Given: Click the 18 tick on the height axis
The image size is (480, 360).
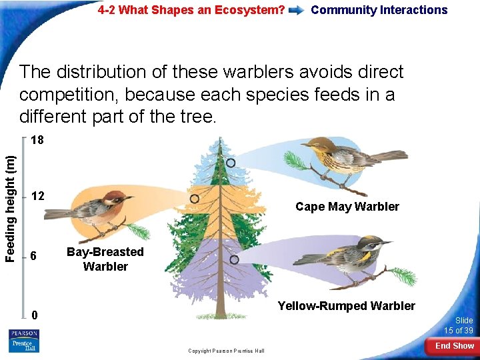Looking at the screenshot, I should [x=37, y=141].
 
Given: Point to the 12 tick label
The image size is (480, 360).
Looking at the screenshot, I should [x=37, y=196].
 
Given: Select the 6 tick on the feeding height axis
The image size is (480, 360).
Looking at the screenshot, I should [x=37, y=257].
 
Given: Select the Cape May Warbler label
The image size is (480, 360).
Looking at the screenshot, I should [x=347, y=207].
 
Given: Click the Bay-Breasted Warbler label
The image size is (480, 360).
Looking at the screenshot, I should [x=105, y=259].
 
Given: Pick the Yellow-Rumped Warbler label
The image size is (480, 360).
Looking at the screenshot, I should [x=346, y=306].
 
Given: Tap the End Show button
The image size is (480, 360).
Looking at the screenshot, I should [x=454, y=346].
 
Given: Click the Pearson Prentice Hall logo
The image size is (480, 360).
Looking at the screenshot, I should [x=24, y=341].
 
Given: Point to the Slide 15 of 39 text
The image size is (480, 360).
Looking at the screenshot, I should [x=459, y=325].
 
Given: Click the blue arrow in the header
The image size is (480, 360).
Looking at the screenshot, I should [x=298, y=11].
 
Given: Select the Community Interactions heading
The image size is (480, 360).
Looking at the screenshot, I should [x=379, y=10].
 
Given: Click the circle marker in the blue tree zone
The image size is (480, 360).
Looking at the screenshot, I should [x=230, y=163].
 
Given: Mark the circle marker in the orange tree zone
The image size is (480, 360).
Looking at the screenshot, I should [x=194, y=199].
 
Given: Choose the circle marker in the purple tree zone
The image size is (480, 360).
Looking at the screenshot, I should [x=234, y=259].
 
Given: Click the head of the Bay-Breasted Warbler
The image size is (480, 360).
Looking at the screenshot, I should [x=117, y=197].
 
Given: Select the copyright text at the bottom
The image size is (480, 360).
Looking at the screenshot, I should [x=225, y=351].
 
